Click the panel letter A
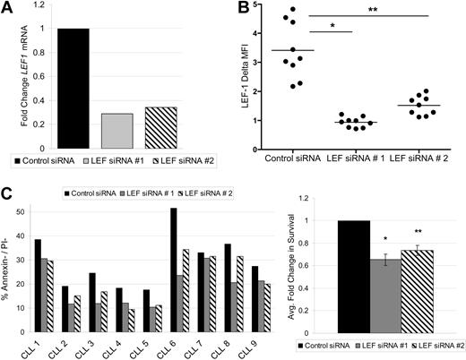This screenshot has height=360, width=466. coord(8,10)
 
